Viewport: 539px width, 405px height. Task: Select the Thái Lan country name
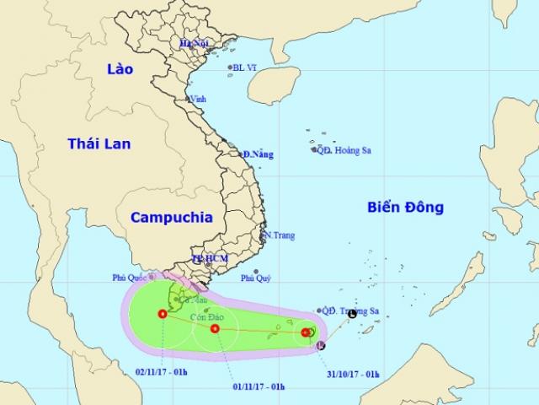pyautogui.click(x=99, y=144)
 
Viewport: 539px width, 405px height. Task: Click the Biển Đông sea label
pyautogui.click(x=405, y=208)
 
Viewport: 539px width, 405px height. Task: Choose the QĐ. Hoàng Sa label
pyautogui.click(x=347, y=150)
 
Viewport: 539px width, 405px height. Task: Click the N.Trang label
pyautogui.click(x=279, y=235)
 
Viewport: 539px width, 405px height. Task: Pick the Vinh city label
pyautogui.click(x=198, y=99)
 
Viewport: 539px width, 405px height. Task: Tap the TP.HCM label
pyautogui.click(x=211, y=257)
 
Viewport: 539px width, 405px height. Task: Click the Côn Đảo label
pyautogui.click(x=205, y=316)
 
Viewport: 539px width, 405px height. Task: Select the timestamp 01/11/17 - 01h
pyautogui.click(x=259, y=386)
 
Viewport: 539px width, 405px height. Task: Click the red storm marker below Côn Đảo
pyautogui.click(x=214, y=328)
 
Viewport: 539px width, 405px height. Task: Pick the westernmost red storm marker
pyautogui.click(x=162, y=314)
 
